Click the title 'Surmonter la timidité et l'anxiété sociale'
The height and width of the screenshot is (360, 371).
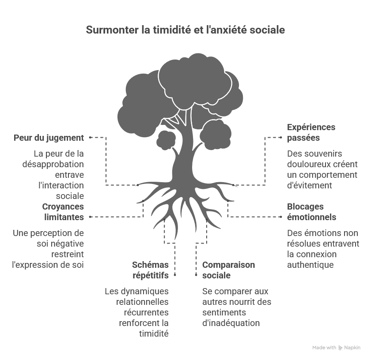[185, 30]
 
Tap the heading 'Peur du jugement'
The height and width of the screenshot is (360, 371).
[49, 138]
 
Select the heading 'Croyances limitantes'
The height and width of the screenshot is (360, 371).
[63, 212]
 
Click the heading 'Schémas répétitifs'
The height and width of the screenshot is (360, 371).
[151, 270]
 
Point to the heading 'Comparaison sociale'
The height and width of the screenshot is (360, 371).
[229, 270]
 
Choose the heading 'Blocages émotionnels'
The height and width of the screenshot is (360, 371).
[312, 212]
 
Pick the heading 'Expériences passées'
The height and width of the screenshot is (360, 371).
[311, 132]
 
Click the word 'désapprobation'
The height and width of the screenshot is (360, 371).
[53, 165]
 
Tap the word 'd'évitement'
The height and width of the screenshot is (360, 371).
[310, 186]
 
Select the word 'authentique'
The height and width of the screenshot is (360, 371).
[310, 265]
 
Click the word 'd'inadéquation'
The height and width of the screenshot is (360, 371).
[231, 323]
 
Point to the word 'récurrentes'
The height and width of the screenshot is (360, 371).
[146, 312]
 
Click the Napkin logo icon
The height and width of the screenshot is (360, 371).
[341, 348]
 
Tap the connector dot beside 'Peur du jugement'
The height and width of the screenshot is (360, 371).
[90, 137]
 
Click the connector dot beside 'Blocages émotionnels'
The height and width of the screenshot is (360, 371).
[281, 217]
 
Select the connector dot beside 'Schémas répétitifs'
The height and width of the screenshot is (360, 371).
[175, 275]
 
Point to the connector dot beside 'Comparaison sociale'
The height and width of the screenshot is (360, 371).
[196, 275]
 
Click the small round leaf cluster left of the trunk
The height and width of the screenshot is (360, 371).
[166, 140]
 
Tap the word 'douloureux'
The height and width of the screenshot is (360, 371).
[308, 165]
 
